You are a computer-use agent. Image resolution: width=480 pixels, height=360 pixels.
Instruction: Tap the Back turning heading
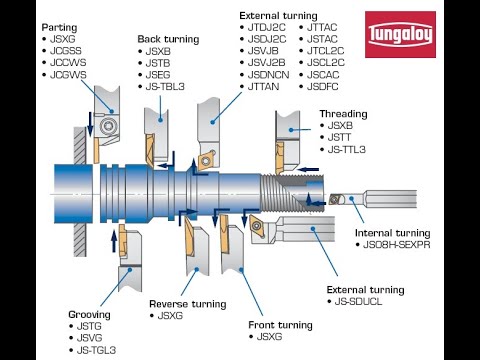(170, 38)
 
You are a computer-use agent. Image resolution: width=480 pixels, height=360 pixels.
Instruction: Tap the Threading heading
(343, 114)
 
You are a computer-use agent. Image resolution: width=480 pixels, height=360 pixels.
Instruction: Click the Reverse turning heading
(188, 303)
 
